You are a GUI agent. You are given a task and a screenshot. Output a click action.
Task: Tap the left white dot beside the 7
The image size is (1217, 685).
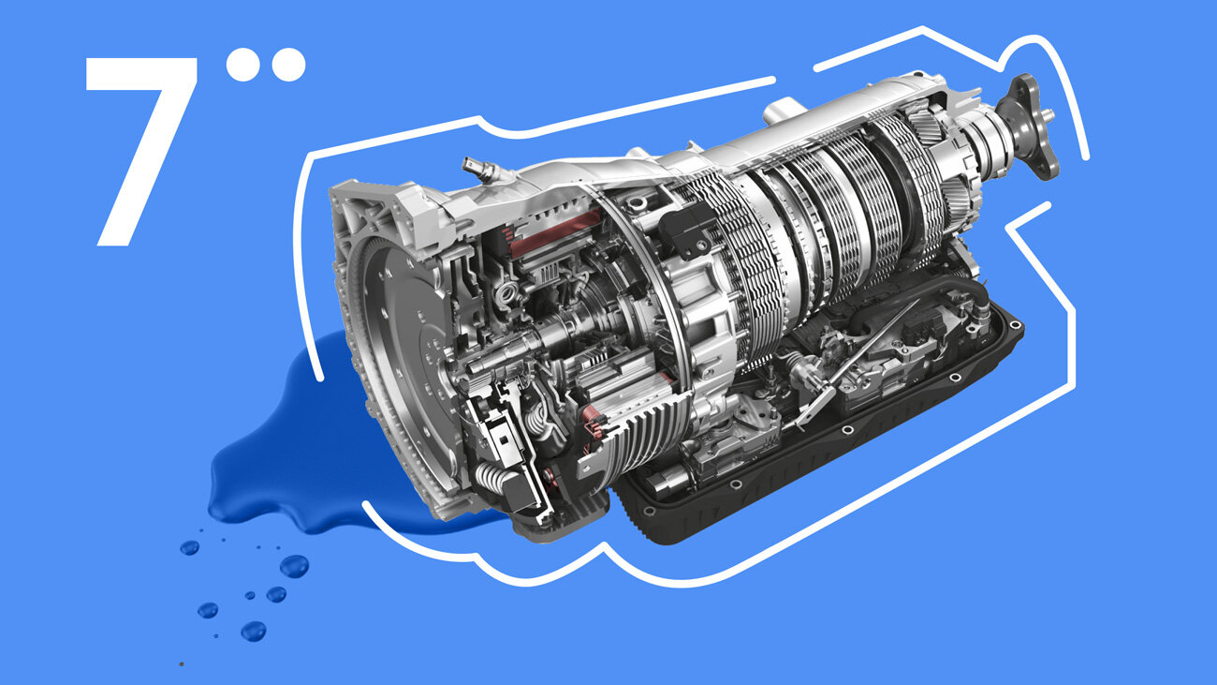point(242,65)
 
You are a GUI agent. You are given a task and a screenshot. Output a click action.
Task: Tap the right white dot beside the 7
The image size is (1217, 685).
point(288,65)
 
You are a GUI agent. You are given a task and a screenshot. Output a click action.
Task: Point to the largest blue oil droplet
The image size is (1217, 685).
point(295,566)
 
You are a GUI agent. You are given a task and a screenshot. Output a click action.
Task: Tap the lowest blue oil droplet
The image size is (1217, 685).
point(254,632)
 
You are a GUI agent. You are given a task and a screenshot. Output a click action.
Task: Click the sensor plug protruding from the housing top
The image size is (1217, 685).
point(479,168)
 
